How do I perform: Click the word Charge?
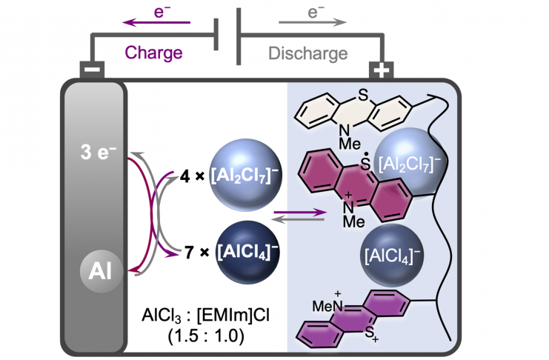tap(153, 53)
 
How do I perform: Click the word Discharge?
tap(307, 53)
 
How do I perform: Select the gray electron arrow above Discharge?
tap(312, 22)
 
